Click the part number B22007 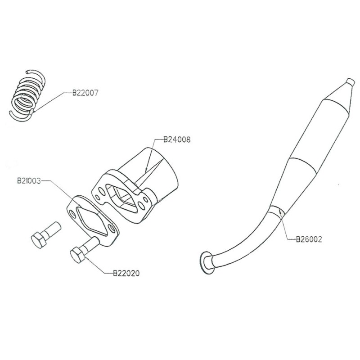[x=85, y=94]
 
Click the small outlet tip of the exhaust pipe [x=349, y=84]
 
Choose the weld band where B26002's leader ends [x=277, y=212]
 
